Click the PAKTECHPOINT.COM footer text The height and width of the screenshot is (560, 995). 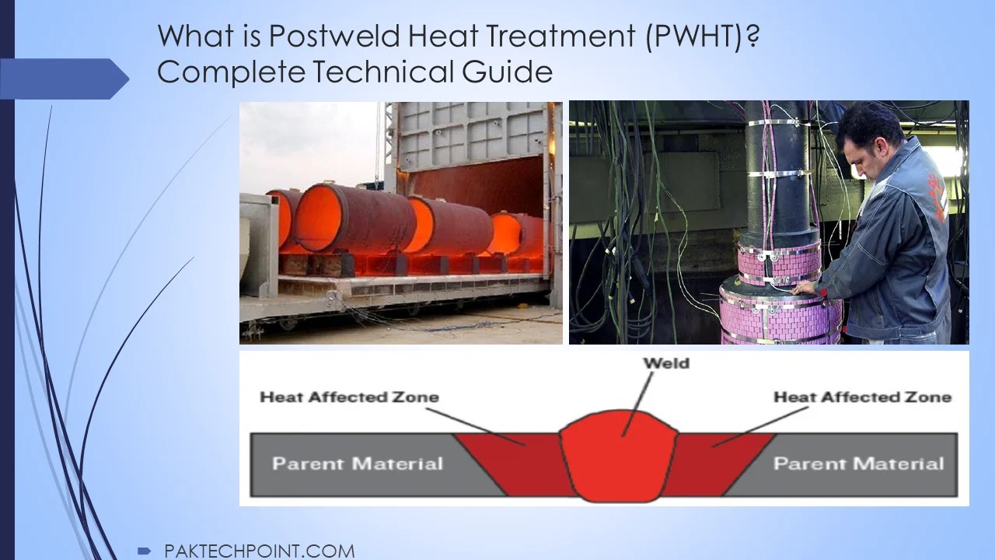click(x=260, y=551)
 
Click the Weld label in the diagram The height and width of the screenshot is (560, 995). click(x=665, y=362)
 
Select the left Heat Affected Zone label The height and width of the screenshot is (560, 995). click(x=349, y=397)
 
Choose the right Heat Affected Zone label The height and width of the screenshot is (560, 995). click(x=862, y=397)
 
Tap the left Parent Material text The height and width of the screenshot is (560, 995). click(x=357, y=464)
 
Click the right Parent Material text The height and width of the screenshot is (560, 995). click(x=858, y=464)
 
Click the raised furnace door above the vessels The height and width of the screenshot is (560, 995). click(x=470, y=136)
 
